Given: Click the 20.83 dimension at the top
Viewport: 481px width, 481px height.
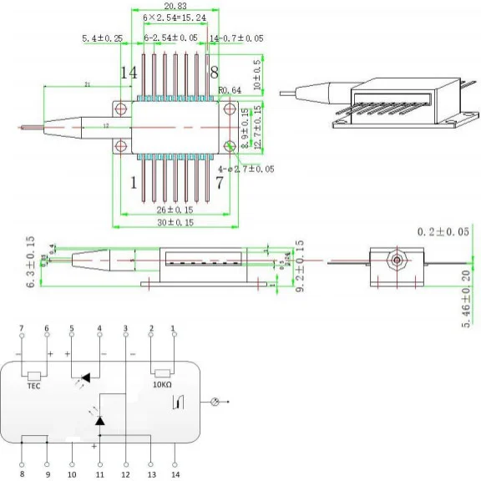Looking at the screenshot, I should click(x=175, y=6).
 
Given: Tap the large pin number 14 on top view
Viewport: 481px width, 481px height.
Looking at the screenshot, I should click(x=128, y=73).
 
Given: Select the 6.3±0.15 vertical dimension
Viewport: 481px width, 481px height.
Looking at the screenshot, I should click(x=31, y=262).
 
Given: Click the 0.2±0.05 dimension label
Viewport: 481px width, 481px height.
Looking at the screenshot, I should click(x=442, y=231).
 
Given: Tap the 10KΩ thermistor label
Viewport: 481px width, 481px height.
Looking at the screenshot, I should click(x=162, y=387).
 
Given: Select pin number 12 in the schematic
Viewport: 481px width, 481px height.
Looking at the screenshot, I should click(x=125, y=474).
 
